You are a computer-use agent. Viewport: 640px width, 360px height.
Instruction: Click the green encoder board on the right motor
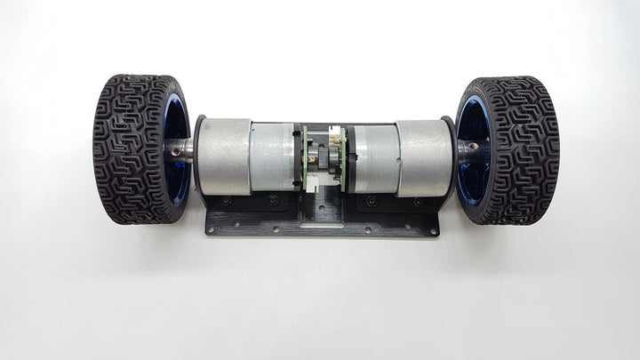[343, 157]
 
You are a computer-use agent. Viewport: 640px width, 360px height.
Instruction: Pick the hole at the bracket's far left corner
[211, 231]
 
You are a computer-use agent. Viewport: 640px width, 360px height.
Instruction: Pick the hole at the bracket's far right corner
[434, 231]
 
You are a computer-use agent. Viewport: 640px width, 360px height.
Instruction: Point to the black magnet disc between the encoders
[324, 158]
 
